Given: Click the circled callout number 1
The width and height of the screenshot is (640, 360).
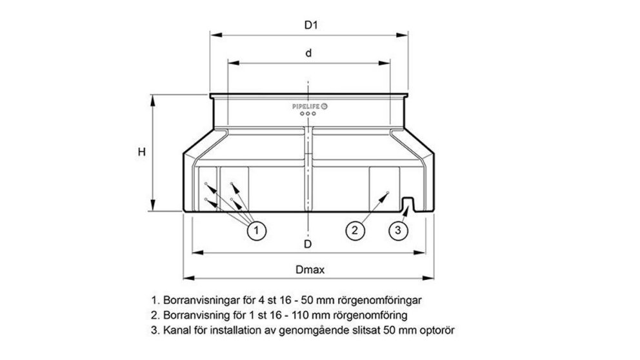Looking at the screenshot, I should tap(256, 230).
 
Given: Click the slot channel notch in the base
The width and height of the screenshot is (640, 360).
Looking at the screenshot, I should tap(408, 205).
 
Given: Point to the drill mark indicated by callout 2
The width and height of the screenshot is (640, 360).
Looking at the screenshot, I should tap(386, 192).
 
